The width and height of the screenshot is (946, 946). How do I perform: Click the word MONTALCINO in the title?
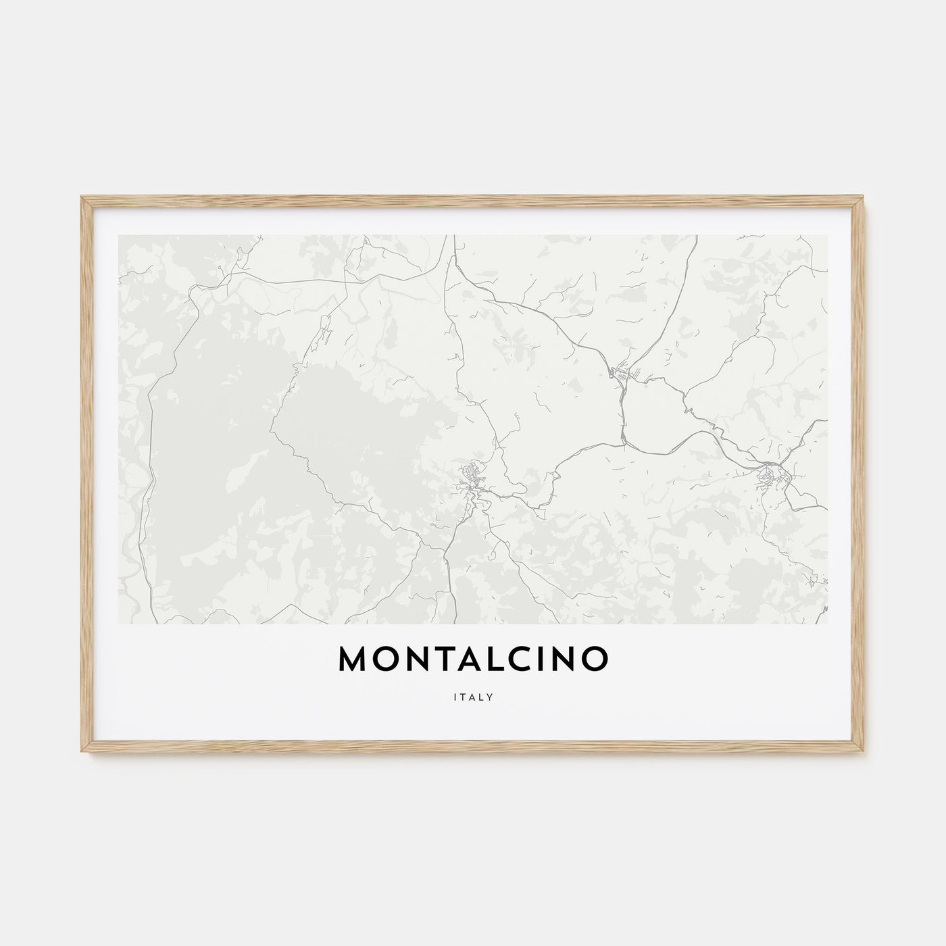[x=473, y=659]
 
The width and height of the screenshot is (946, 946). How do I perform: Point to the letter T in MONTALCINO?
[x=446, y=659]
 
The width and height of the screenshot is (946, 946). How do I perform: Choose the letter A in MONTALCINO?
[x=472, y=659]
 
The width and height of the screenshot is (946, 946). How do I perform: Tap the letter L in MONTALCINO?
[x=498, y=659]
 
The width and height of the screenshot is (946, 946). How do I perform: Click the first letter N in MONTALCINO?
[x=419, y=659]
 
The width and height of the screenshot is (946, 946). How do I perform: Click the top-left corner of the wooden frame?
[x=82, y=197]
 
